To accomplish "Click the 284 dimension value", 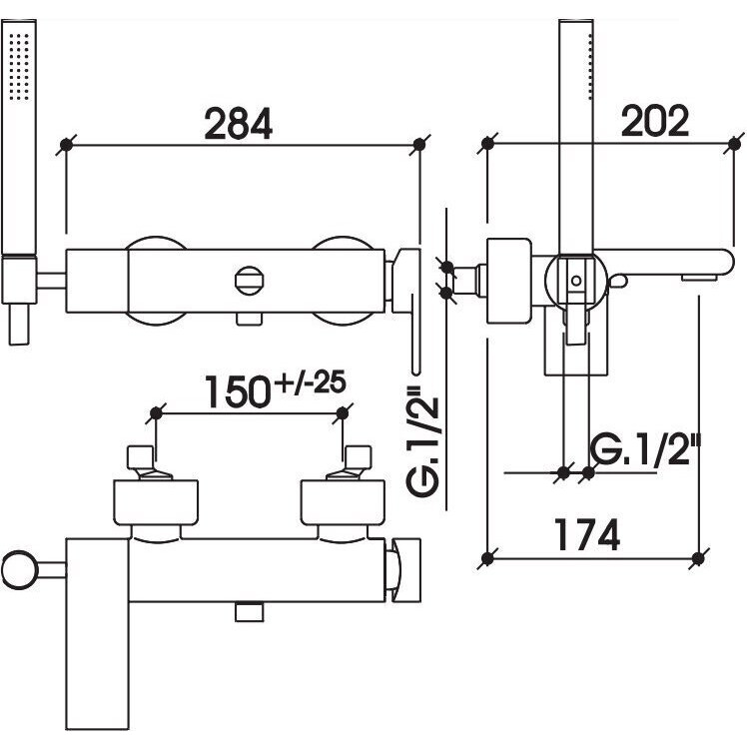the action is point(238,124).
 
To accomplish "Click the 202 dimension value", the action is point(655,121).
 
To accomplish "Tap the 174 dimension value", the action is point(587,534).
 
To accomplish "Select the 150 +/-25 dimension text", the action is point(276,391).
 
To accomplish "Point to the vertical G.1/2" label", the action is point(422,441).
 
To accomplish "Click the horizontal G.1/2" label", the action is point(646,449).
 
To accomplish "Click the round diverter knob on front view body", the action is point(250,281).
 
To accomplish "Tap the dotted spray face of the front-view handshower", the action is point(19,66).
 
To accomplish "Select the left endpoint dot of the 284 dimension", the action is point(66,145).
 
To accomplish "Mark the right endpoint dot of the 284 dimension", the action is point(418,145).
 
